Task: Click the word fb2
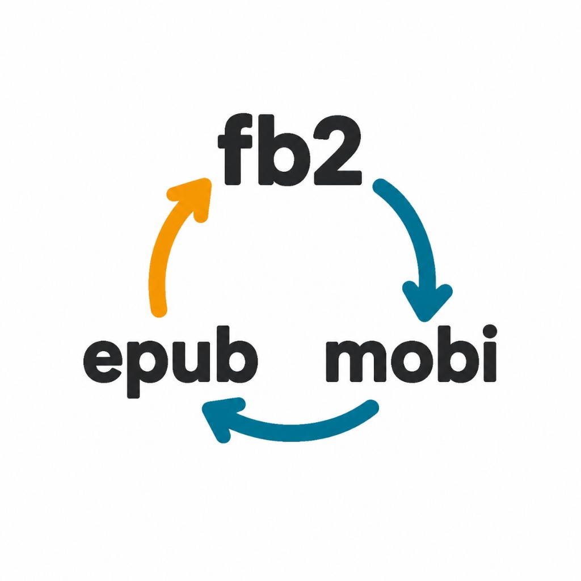pyautogui.click(x=290, y=149)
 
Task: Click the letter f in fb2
pyautogui.click(x=233, y=149)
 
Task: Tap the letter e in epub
pyautogui.click(x=103, y=361)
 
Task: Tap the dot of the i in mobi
pyautogui.click(x=490, y=331)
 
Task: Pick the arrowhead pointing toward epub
pyautogui.click(x=221, y=419)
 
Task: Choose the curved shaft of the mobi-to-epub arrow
pyautogui.click(x=296, y=432)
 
